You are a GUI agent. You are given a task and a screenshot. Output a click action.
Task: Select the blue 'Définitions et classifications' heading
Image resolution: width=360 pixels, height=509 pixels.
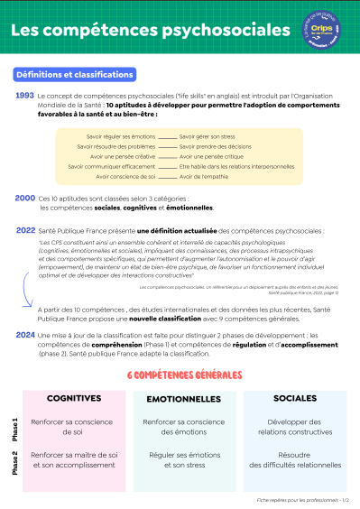tap(75, 74)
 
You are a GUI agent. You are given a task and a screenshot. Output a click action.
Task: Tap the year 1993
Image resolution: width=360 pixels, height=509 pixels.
tap(25, 95)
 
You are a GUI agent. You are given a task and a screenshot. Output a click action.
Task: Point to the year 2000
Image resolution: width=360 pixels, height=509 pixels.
tap(25, 198)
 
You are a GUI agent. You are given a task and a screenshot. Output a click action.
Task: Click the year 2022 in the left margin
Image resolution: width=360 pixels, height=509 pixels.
tap(25, 230)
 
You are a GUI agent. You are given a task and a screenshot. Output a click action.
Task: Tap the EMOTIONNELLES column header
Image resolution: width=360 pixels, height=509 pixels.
tap(183, 398)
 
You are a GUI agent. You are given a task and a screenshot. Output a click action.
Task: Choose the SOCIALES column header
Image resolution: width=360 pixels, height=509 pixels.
tap(295, 398)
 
